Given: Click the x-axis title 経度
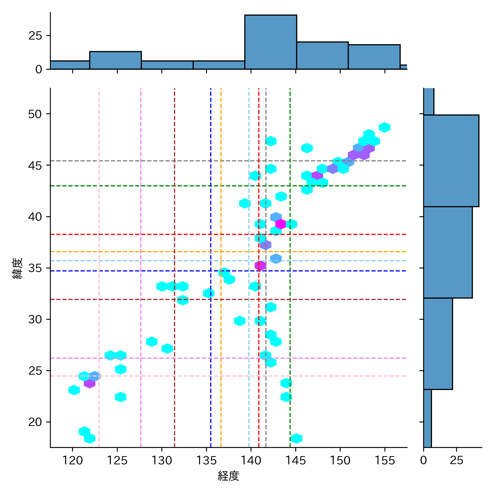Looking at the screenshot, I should tap(228, 476).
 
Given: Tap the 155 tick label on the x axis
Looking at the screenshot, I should tap(384, 460).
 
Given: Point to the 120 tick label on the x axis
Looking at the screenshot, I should tap(72, 460).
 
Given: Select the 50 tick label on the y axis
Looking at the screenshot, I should tap(35, 114).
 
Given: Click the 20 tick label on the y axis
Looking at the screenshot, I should tap(35, 422).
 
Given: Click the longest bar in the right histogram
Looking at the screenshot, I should tap(451, 161).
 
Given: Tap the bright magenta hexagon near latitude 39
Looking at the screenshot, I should tap(281, 224).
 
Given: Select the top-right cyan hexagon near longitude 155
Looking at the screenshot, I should tap(384, 127).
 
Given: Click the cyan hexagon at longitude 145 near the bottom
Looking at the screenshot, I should tap(296, 438).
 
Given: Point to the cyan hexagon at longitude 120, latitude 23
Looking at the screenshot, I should tap(74, 390).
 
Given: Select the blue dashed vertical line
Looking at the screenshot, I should tap(210, 343).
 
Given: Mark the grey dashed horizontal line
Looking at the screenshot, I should tap(165, 161).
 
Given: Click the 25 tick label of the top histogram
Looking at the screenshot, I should tap(35, 36).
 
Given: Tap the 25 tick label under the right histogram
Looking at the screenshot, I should tap(456, 460).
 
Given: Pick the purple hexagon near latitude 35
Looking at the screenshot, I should tap(260, 265).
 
